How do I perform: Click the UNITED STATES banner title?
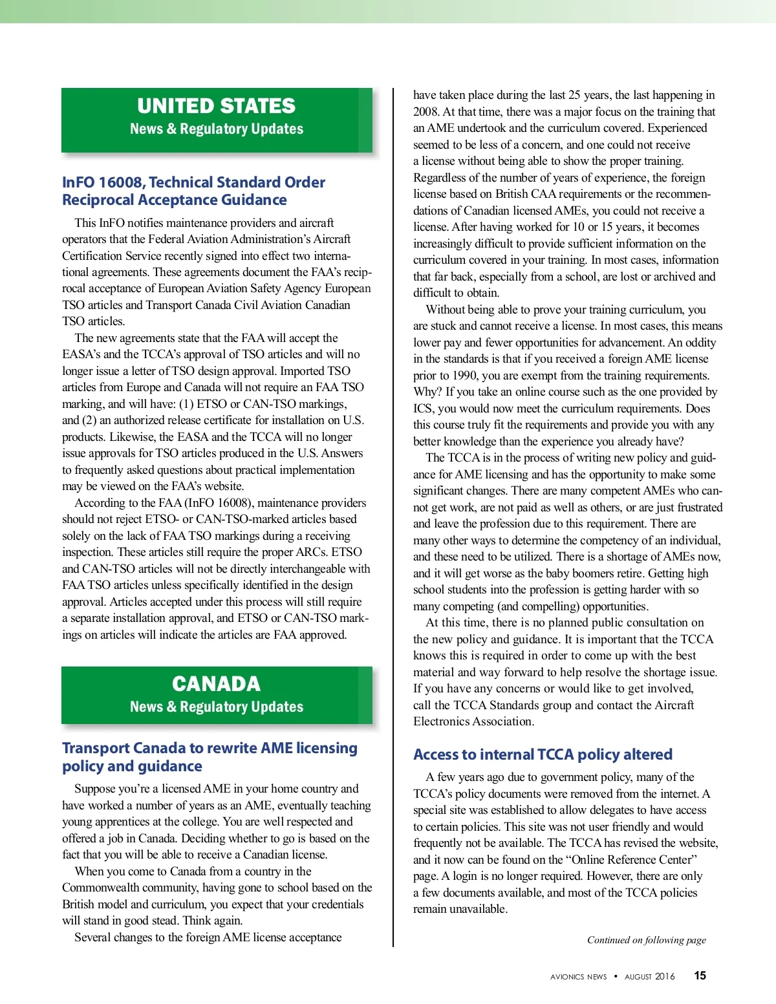[216, 106]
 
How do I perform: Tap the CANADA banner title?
[216, 684]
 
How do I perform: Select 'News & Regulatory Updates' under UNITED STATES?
[216, 129]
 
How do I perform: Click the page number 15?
[700, 976]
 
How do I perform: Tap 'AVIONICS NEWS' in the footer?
[578, 977]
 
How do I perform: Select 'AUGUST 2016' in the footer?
[649, 977]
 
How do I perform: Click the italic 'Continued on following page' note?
[646, 940]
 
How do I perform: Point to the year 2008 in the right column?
[426, 111]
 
